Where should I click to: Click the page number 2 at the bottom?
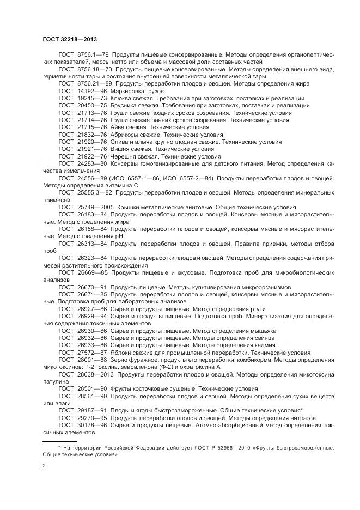(44, 466)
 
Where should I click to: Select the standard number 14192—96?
(91, 90)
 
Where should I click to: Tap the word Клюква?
(121, 98)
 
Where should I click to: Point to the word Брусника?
(124, 105)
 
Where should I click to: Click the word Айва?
(118, 127)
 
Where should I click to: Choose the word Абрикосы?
(126, 134)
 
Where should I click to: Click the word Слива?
(120, 142)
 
